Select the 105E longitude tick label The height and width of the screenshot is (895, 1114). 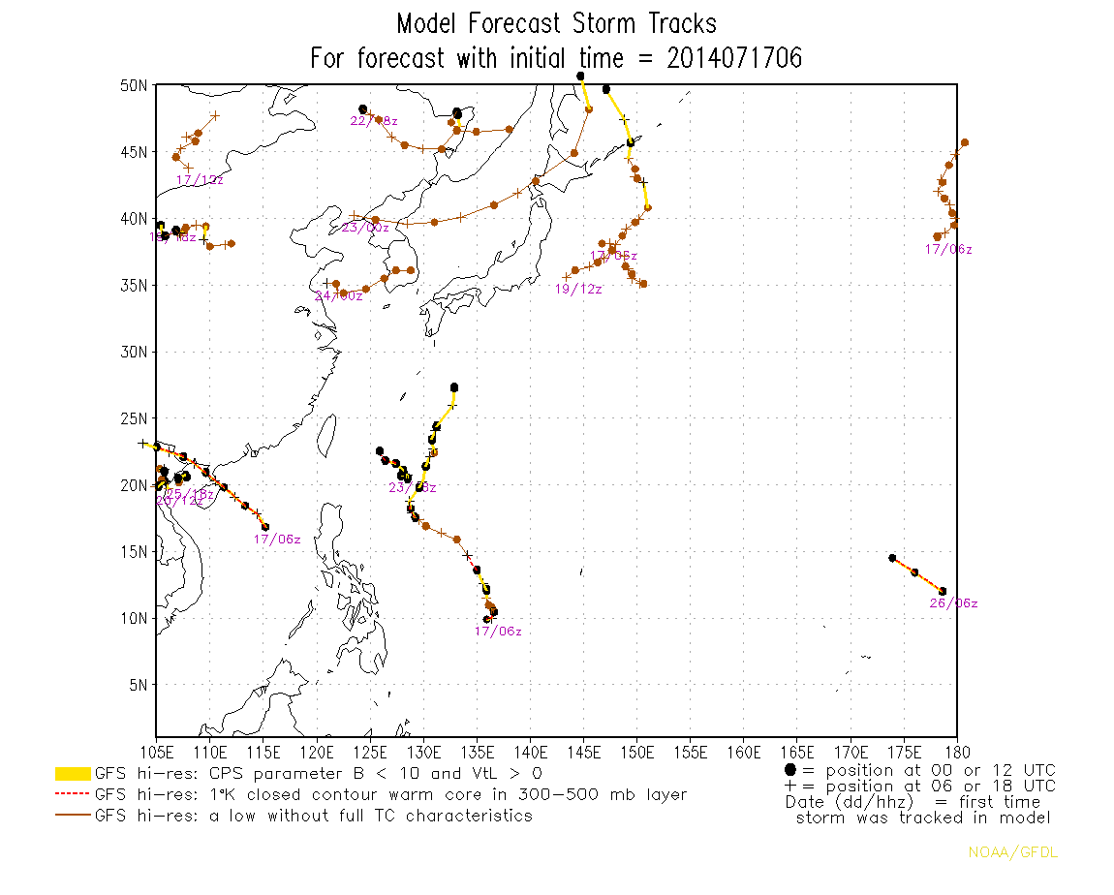tap(157, 752)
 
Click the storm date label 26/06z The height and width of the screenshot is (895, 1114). tap(953, 603)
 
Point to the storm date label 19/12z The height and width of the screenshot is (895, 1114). tap(578, 290)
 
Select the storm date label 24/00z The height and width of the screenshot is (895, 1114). tap(338, 295)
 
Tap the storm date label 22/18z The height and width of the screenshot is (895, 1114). tap(373, 121)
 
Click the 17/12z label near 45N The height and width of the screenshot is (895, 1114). tap(200, 180)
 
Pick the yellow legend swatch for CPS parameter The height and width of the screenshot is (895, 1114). tap(73, 774)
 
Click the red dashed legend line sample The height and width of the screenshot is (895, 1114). tap(73, 795)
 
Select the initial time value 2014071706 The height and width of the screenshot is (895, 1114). tap(734, 58)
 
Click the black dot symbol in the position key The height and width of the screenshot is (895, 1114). tap(790, 769)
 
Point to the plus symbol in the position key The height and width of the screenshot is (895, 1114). tap(790, 786)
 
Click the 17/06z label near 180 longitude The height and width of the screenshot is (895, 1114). tap(948, 250)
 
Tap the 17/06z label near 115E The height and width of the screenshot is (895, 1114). tap(277, 540)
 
